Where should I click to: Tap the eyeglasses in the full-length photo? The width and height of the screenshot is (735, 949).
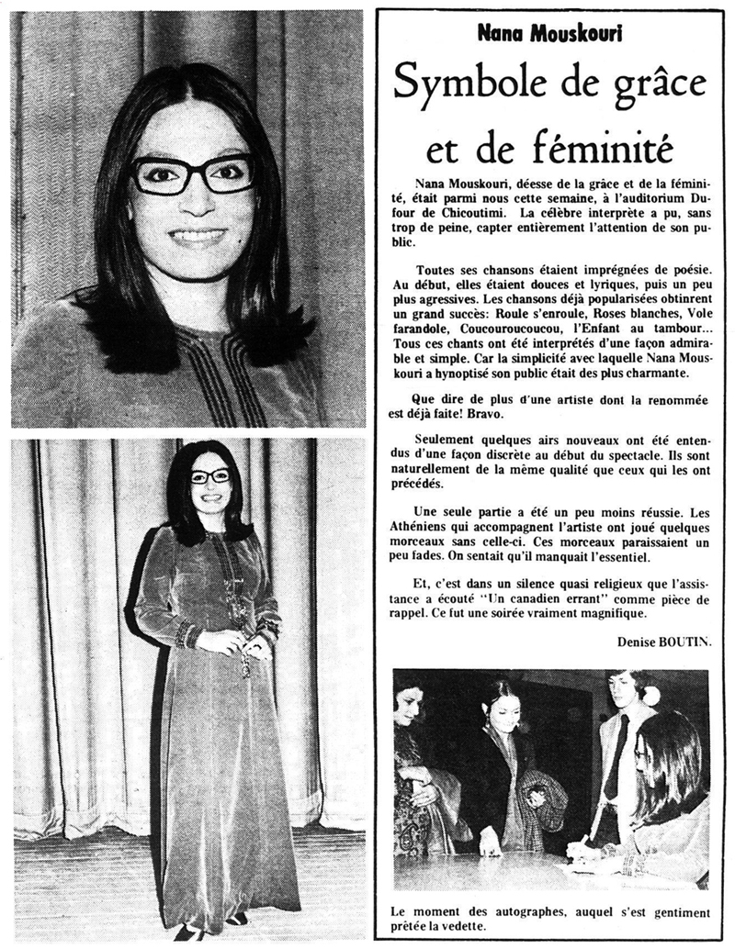(x=210, y=475)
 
